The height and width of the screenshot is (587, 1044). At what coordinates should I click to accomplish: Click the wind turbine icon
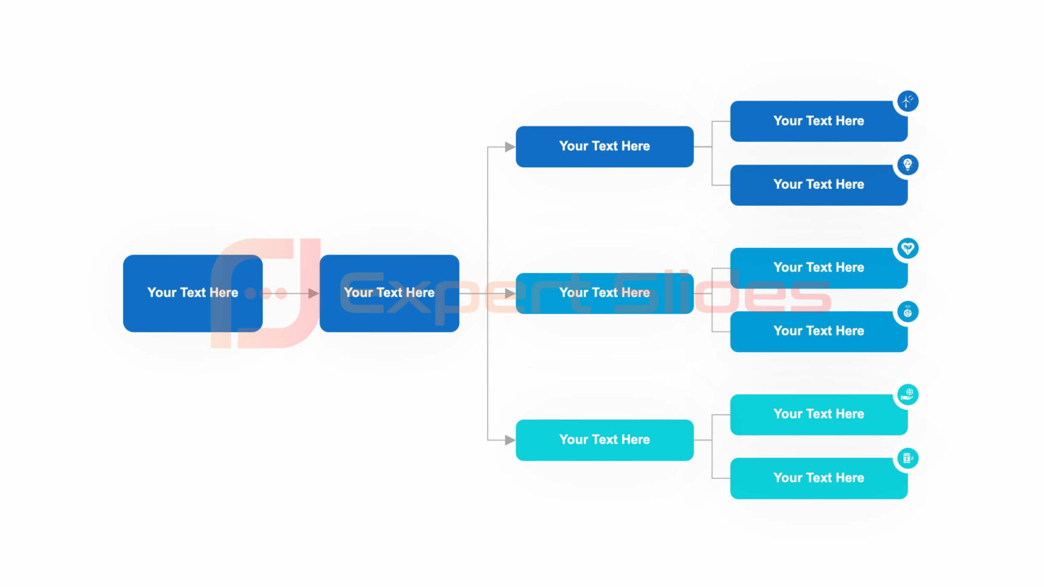(x=907, y=101)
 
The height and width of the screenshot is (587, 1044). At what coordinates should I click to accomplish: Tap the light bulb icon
(x=907, y=164)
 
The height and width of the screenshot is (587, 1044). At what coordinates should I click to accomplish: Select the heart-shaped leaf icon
(x=907, y=248)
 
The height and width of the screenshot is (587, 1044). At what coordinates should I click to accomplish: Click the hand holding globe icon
(x=907, y=394)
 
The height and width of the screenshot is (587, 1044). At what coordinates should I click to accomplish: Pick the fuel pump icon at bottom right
(x=907, y=458)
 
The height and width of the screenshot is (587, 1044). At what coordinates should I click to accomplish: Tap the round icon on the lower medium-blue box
(x=907, y=312)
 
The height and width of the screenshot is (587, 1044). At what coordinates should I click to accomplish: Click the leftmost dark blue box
(x=192, y=293)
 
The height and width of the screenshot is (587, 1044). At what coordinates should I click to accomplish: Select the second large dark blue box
(x=389, y=293)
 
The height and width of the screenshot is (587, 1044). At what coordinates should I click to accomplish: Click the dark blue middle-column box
(x=604, y=146)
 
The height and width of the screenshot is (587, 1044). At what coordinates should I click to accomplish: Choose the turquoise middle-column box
(x=604, y=440)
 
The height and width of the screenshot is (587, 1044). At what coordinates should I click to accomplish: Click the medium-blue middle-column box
(x=604, y=293)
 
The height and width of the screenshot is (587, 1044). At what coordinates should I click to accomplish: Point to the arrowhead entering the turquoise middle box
(x=510, y=440)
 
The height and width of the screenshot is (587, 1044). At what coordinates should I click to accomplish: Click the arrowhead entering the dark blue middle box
(x=510, y=147)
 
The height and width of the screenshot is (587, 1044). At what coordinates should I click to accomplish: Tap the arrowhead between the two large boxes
(x=313, y=293)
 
